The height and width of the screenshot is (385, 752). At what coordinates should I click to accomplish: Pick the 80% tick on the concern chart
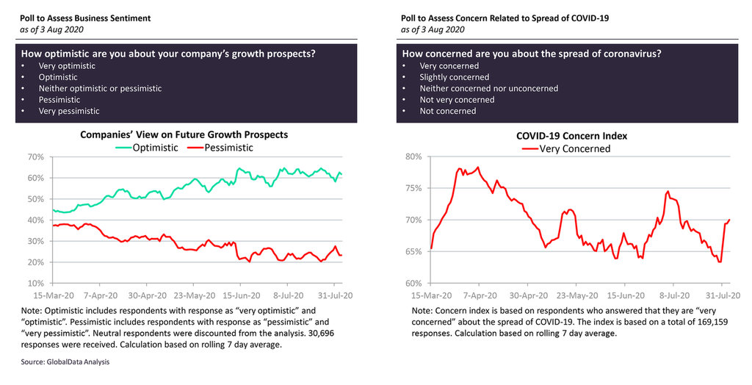click(x=414, y=157)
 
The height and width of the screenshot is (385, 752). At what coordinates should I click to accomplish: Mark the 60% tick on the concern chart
click(x=414, y=284)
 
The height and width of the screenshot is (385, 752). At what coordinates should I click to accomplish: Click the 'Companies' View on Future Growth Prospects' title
click(x=184, y=135)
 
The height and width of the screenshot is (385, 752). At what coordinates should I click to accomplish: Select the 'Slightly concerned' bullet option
click(x=454, y=77)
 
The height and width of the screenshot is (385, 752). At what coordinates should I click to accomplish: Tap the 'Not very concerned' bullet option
click(x=457, y=99)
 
